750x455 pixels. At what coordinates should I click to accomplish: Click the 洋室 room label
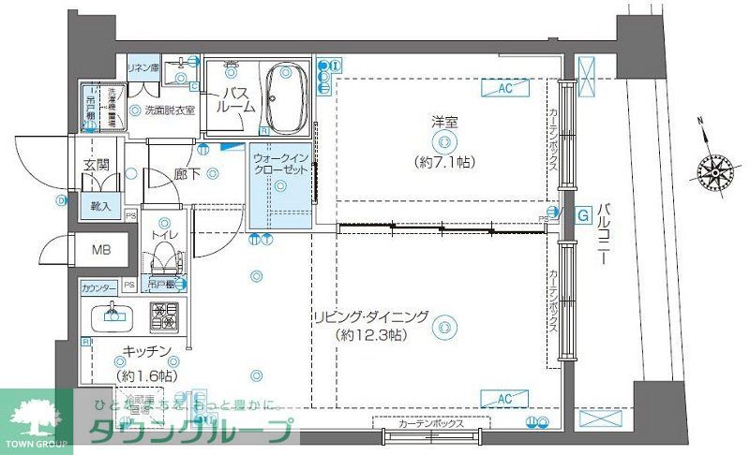(443, 121)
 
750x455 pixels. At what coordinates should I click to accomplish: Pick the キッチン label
(145, 351)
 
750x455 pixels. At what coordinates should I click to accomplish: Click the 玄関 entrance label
(96, 166)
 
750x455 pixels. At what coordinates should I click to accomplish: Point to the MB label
(98, 251)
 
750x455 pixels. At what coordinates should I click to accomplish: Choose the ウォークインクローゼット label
(279, 166)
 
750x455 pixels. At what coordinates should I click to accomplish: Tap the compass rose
(714, 170)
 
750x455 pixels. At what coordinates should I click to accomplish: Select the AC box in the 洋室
(503, 90)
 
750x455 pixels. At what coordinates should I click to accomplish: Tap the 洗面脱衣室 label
(169, 110)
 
